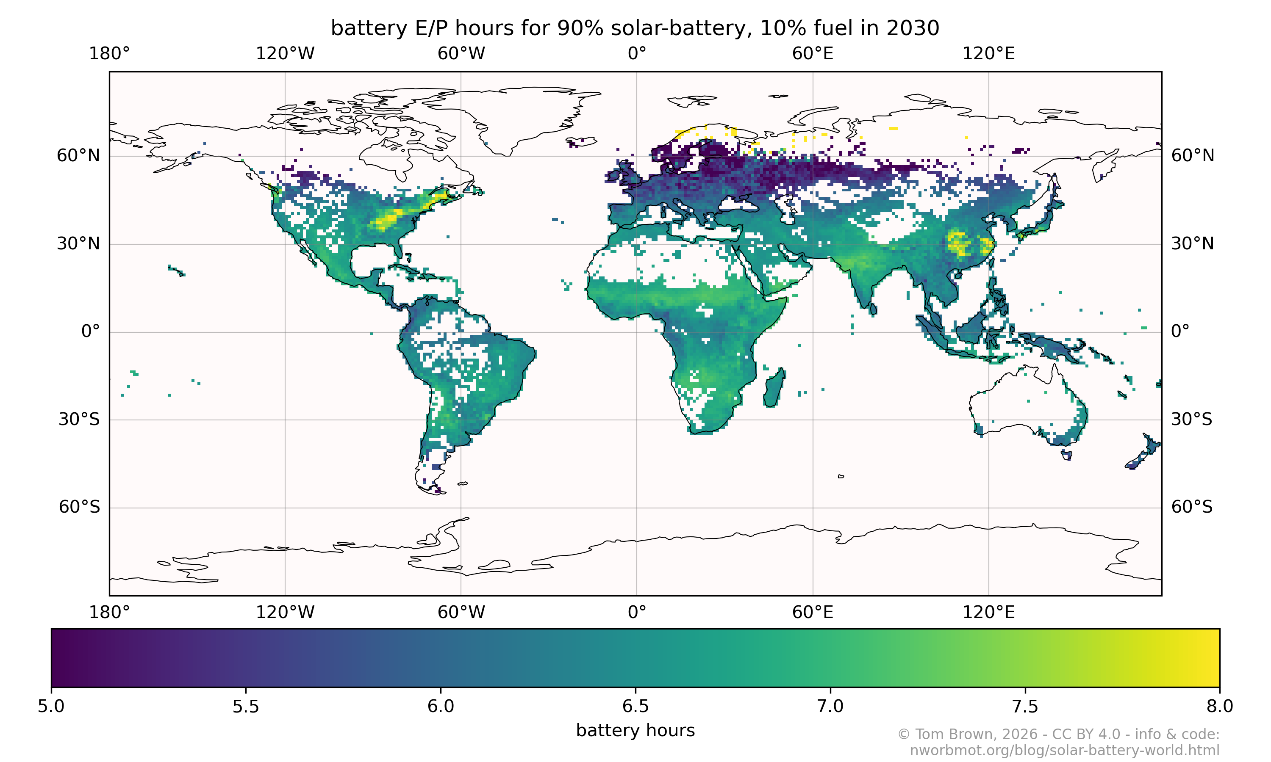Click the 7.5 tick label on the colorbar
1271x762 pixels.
click(x=1025, y=707)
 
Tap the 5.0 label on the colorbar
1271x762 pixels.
click(x=51, y=707)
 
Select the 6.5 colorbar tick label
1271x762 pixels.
click(x=635, y=707)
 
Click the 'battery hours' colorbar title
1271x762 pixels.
click(x=635, y=730)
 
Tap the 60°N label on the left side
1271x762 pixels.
click(x=78, y=156)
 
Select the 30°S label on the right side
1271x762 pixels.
click(x=1191, y=420)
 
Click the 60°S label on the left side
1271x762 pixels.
click(x=79, y=507)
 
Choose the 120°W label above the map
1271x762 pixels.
click(x=285, y=54)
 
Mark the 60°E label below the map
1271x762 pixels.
click(x=812, y=612)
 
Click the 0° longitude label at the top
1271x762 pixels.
click(x=636, y=54)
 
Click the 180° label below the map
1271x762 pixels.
click(x=109, y=612)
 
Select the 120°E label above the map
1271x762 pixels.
click(x=988, y=54)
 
